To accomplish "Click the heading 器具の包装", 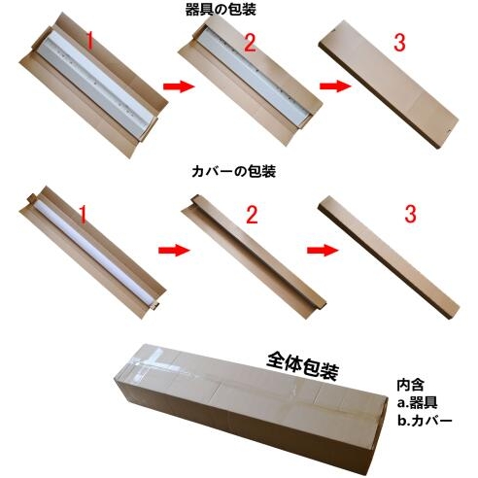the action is pyautogui.click(x=221, y=9).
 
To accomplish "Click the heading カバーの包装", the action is pyautogui.click(x=233, y=171).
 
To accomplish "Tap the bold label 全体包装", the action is pyautogui.click(x=303, y=366).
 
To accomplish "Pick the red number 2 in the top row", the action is pyautogui.click(x=250, y=43).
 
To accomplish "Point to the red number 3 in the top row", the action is pyautogui.click(x=399, y=43).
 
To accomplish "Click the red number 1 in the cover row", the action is pyautogui.click(x=84, y=214).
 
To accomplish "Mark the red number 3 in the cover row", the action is pyautogui.click(x=410, y=214).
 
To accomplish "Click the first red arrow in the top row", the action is pyautogui.click(x=179, y=86).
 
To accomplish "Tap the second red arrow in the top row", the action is pyautogui.click(x=335, y=86).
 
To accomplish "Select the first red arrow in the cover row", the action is pyautogui.click(x=174, y=250).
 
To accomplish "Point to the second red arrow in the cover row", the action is pyautogui.click(x=323, y=250).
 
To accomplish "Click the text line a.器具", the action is pyautogui.click(x=417, y=403).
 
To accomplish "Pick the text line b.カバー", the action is pyautogui.click(x=425, y=421).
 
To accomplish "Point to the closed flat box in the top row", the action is pyautogui.click(x=389, y=85).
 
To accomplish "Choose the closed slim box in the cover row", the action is pyautogui.click(x=389, y=257).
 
